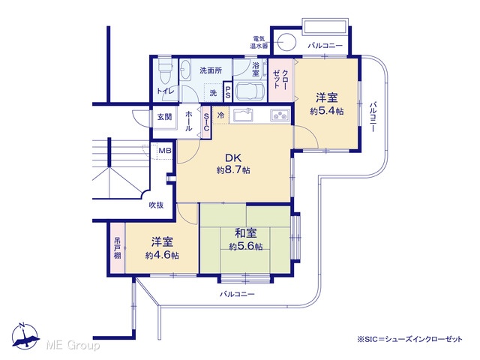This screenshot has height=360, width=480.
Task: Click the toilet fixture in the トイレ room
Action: coord(165,70)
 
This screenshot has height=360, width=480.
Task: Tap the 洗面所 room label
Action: coord(211,70)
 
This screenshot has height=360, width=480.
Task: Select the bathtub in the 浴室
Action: coord(250,91)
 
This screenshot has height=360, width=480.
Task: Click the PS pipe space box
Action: coord(228,91)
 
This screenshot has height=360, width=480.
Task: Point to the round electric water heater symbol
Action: coord(287,41)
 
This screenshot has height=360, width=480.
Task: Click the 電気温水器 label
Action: coord(259,42)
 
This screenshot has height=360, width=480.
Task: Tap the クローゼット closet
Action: coord(280,80)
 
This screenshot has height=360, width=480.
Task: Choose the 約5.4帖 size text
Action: coord(327,111)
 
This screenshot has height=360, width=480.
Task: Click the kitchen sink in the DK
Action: coord(243,115)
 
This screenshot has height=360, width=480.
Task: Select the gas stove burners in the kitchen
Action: coord(280,115)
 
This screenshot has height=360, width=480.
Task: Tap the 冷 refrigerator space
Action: coord(220,115)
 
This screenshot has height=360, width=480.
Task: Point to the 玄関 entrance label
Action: coord(164,117)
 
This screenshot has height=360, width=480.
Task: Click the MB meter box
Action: coord(165,151)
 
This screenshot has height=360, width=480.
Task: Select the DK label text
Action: coord(233,158)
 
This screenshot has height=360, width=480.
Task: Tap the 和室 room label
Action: coord(246,233)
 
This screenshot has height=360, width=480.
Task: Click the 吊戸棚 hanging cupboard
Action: coord(118,248)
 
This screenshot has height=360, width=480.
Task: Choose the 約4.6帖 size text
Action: coord(162,255)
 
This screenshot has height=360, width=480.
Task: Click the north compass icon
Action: coord(25,336)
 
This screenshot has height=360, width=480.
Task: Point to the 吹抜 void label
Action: coord(156,205)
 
